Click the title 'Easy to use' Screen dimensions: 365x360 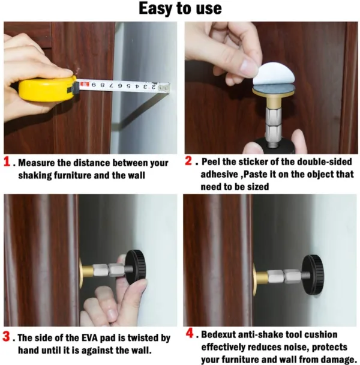[180, 8]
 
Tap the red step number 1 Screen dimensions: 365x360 [7, 162]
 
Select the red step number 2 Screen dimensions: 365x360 [189, 161]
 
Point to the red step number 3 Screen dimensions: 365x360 [7, 337]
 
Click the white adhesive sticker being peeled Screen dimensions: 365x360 [274, 74]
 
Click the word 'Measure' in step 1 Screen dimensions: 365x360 [38, 163]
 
